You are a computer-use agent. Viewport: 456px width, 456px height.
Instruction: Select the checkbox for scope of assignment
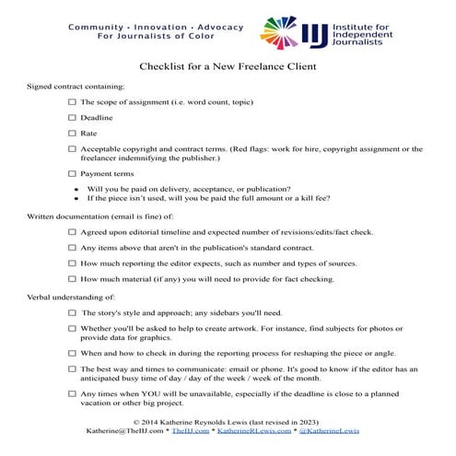click(x=73, y=101)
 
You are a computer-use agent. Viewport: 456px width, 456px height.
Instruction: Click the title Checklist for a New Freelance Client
click(x=228, y=66)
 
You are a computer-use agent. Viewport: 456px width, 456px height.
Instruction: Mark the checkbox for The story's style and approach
click(x=73, y=313)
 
